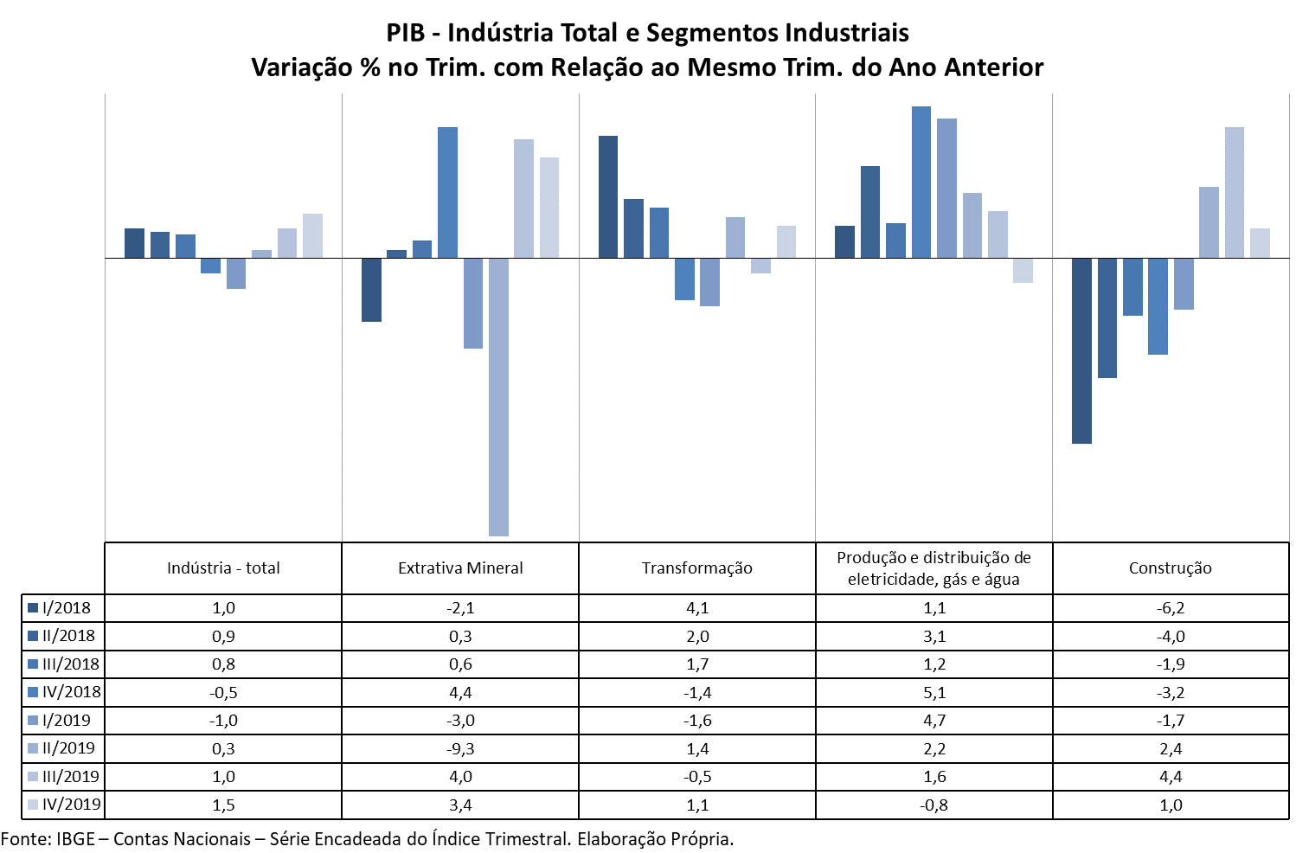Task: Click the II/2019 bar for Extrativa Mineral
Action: click(498, 396)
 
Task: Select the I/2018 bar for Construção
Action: click(1081, 350)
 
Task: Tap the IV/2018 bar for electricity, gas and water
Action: click(921, 183)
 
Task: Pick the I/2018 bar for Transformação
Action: click(608, 197)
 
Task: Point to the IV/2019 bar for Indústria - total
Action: click(312, 236)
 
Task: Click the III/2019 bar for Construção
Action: click(1235, 193)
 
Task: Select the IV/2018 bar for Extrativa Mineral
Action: click(447, 193)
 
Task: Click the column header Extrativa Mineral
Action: click(460, 568)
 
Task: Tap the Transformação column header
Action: click(697, 568)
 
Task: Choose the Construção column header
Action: click(1170, 568)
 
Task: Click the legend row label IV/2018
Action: click(71, 692)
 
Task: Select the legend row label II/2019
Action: click(68, 748)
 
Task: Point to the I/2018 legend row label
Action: click(66, 608)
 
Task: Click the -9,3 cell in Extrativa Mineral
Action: click(460, 749)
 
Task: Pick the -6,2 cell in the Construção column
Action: click(1171, 608)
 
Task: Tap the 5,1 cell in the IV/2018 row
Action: click(934, 693)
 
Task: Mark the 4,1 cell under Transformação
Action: click(697, 608)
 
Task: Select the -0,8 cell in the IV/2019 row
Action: click(934, 805)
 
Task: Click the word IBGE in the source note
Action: click(75, 839)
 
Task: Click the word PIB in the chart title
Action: click(406, 33)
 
